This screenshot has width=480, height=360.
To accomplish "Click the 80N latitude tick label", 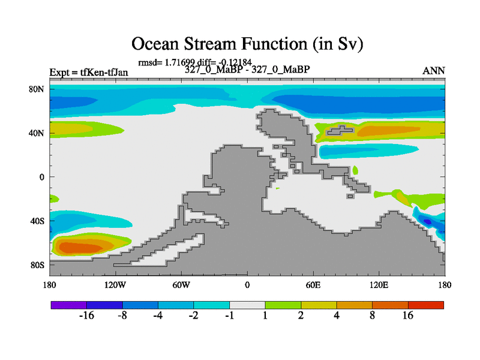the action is [x=37, y=89].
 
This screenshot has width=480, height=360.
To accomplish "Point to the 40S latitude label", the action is [x=37, y=221].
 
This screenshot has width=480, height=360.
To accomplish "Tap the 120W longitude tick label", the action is [x=115, y=286].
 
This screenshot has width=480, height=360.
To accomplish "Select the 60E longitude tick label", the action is [x=313, y=286].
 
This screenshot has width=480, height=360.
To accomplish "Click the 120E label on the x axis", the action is [x=379, y=286].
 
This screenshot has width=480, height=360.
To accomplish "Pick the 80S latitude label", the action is [x=37, y=265].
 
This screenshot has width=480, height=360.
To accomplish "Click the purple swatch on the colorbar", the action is [x=69, y=305].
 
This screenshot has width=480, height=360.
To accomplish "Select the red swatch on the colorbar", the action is [x=426, y=305].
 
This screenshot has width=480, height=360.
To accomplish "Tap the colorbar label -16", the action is [x=86, y=316].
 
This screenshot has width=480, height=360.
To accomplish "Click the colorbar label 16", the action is [x=408, y=316].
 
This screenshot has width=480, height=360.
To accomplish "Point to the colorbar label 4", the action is [x=337, y=316].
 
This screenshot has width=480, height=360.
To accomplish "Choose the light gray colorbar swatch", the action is [x=247, y=305].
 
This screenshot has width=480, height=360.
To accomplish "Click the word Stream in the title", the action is [x=210, y=43].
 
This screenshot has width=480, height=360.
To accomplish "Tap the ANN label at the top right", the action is [x=433, y=71].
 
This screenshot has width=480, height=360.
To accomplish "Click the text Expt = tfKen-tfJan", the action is [x=89, y=73].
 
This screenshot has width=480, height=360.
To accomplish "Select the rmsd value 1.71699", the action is [x=179, y=62].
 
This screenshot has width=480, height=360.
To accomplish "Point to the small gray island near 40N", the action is [x=340, y=130].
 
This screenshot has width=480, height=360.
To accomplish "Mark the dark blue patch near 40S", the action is [x=428, y=221].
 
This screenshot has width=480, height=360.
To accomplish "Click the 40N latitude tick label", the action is [x=37, y=133].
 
